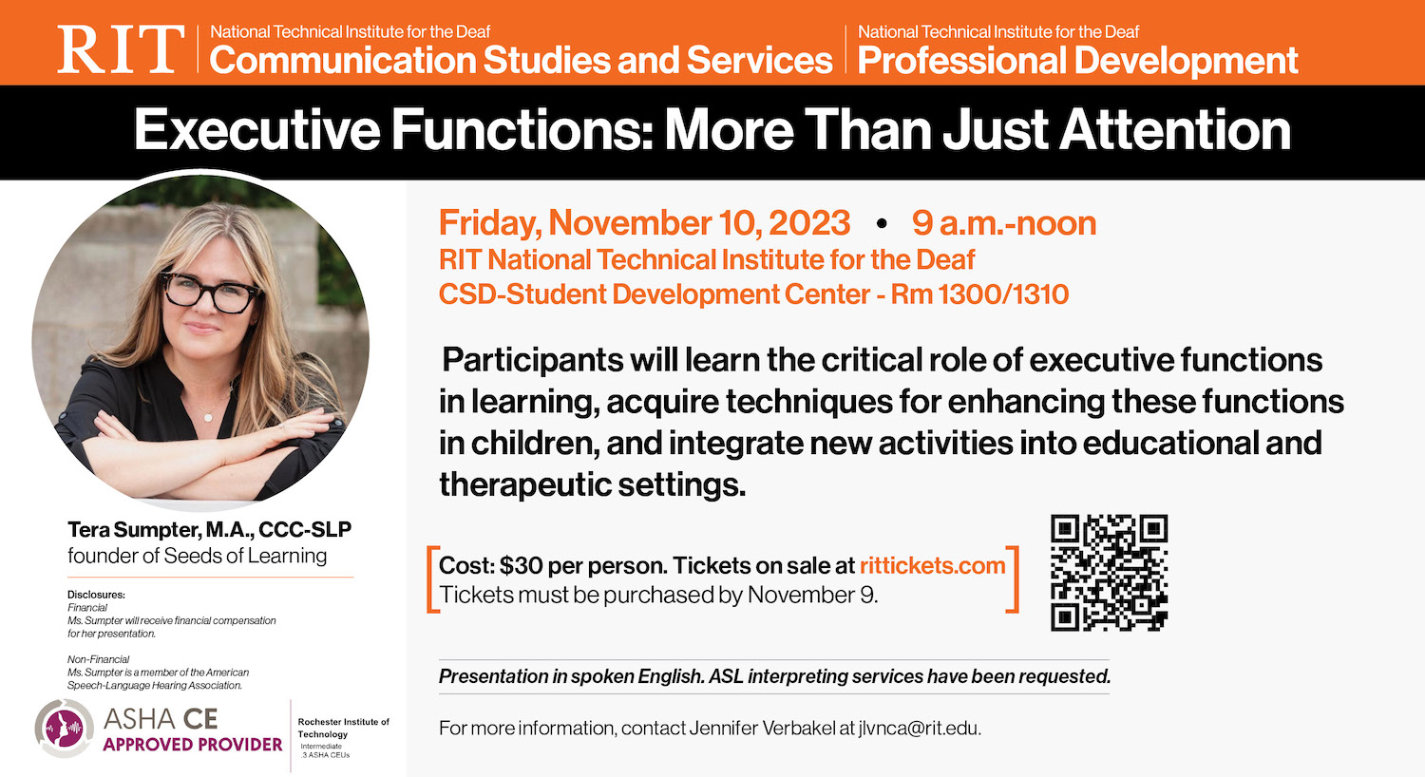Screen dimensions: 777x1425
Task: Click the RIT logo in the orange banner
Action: pyautogui.click(x=121, y=49)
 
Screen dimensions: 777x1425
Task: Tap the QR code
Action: pyautogui.click(x=1109, y=573)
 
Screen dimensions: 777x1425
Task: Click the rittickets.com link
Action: pyautogui.click(x=932, y=566)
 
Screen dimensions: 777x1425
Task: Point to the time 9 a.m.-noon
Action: pyautogui.click(x=1003, y=223)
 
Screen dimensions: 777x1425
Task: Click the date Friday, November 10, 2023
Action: pyautogui.click(x=644, y=223)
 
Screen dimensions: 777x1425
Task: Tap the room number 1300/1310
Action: pyautogui.click(x=1003, y=294)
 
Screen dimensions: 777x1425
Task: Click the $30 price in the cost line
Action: pyautogui.click(x=521, y=566)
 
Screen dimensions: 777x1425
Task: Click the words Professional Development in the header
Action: pyautogui.click(x=1077, y=61)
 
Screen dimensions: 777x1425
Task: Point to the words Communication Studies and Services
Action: pyautogui.click(x=521, y=61)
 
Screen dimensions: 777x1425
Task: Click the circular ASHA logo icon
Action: pyautogui.click(x=64, y=729)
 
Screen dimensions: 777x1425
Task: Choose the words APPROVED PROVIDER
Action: pyautogui.click(x=193, y=745)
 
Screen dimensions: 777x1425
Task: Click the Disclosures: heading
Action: pyautogui.click(x=96, y=595)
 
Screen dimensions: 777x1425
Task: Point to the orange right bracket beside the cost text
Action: pyautogui.click(x=1013, y=579)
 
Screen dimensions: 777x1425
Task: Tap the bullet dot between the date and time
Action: pyautogui.click(x=882, y=224)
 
